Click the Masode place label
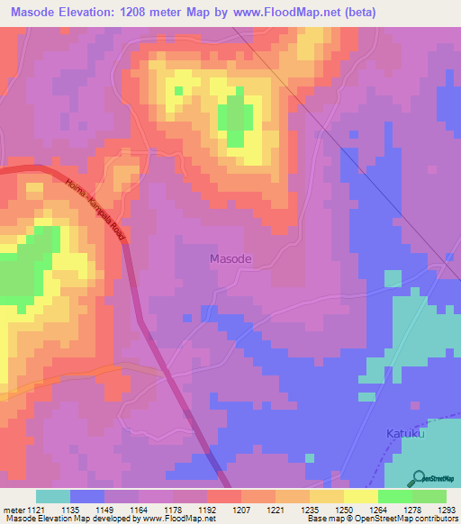pos(230,258)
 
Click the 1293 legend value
pos(445,510)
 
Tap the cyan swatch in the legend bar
pos(53,496)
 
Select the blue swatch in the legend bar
pos(87,496)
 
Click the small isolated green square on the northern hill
pos(178,91)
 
